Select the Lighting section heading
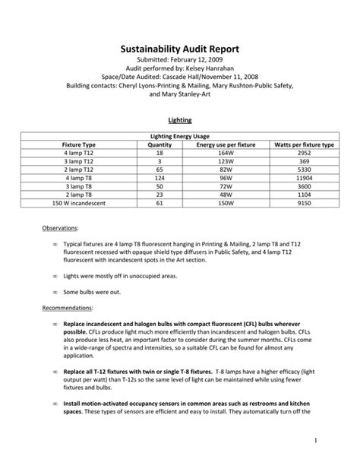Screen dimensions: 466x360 (179, 120)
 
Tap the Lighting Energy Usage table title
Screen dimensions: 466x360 (180, 135)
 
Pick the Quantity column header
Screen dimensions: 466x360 (160, 144)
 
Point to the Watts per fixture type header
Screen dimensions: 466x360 (304, 144)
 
